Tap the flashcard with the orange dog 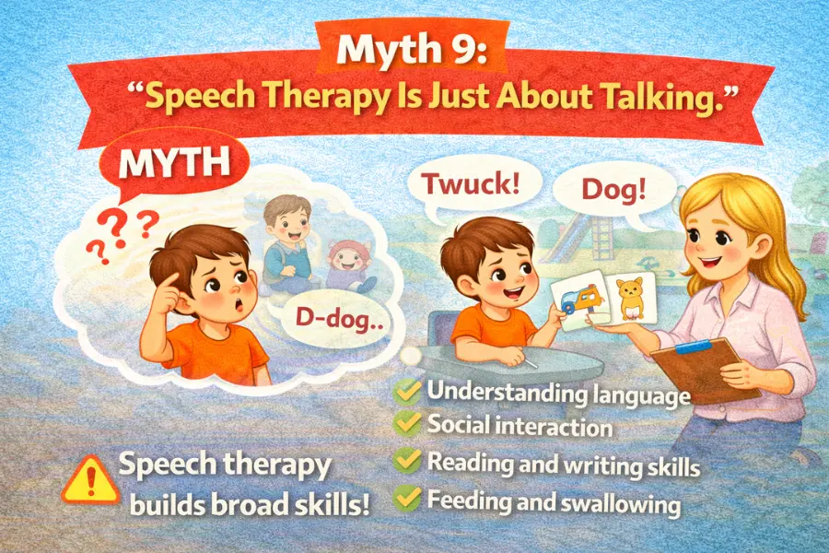tap(631, 296)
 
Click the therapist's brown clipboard tap(704, 368)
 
